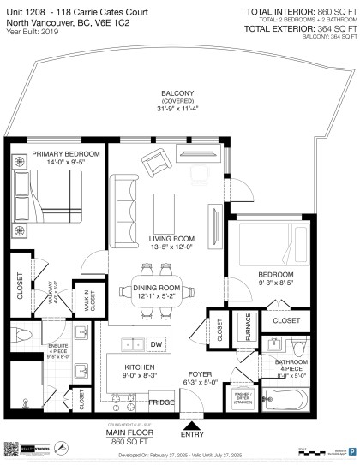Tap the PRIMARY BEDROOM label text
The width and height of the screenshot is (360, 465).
point(66,156)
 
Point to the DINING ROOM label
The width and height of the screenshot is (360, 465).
point(158,291)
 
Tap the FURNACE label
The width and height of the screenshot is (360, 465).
point(247,329)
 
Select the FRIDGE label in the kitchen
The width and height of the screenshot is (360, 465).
point(159,402)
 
